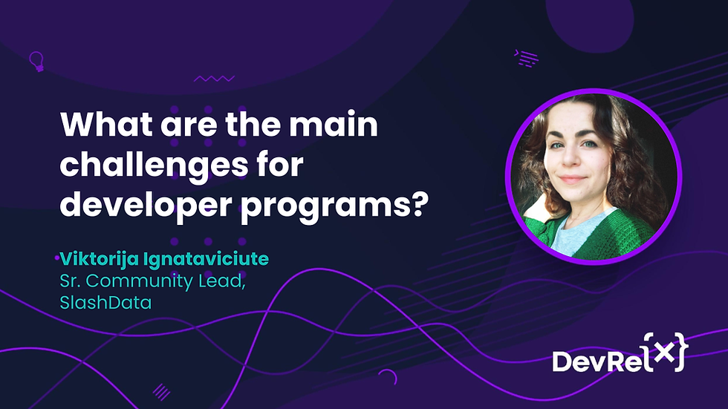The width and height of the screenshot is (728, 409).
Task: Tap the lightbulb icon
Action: point(35,59)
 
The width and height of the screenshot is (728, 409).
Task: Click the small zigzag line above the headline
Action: point(213,78)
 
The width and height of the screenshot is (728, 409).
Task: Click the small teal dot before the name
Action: point(57,258)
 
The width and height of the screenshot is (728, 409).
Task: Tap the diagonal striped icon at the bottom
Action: point(160,391)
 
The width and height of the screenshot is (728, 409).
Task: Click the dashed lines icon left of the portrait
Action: point(527,58)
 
